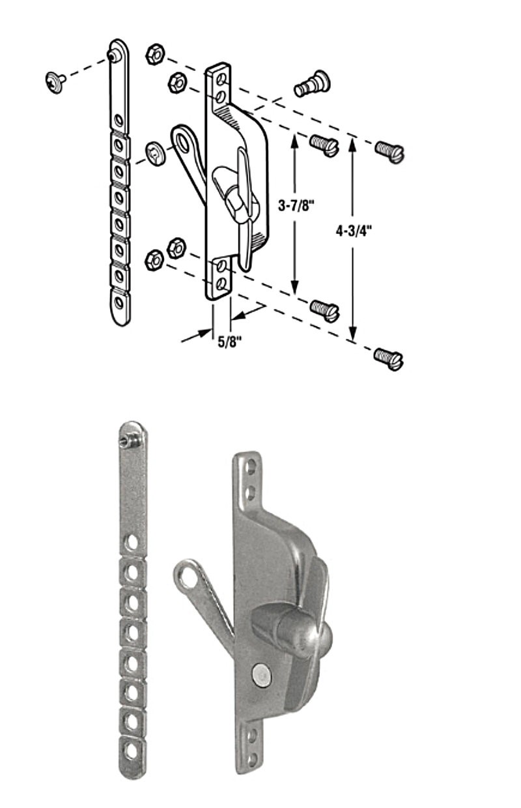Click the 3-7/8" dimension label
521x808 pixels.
pos(296,207)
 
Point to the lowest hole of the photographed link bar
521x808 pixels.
pos(132,751)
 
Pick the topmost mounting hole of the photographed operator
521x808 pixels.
pos(250,467)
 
